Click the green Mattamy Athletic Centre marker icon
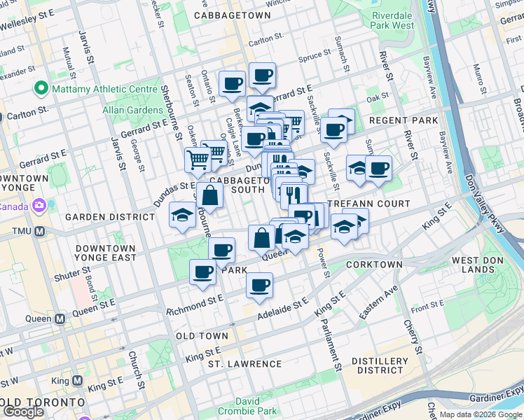coord(41,90)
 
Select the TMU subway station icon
coord(40,231)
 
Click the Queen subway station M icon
coord(60,318)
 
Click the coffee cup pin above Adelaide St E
coord(259,286)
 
